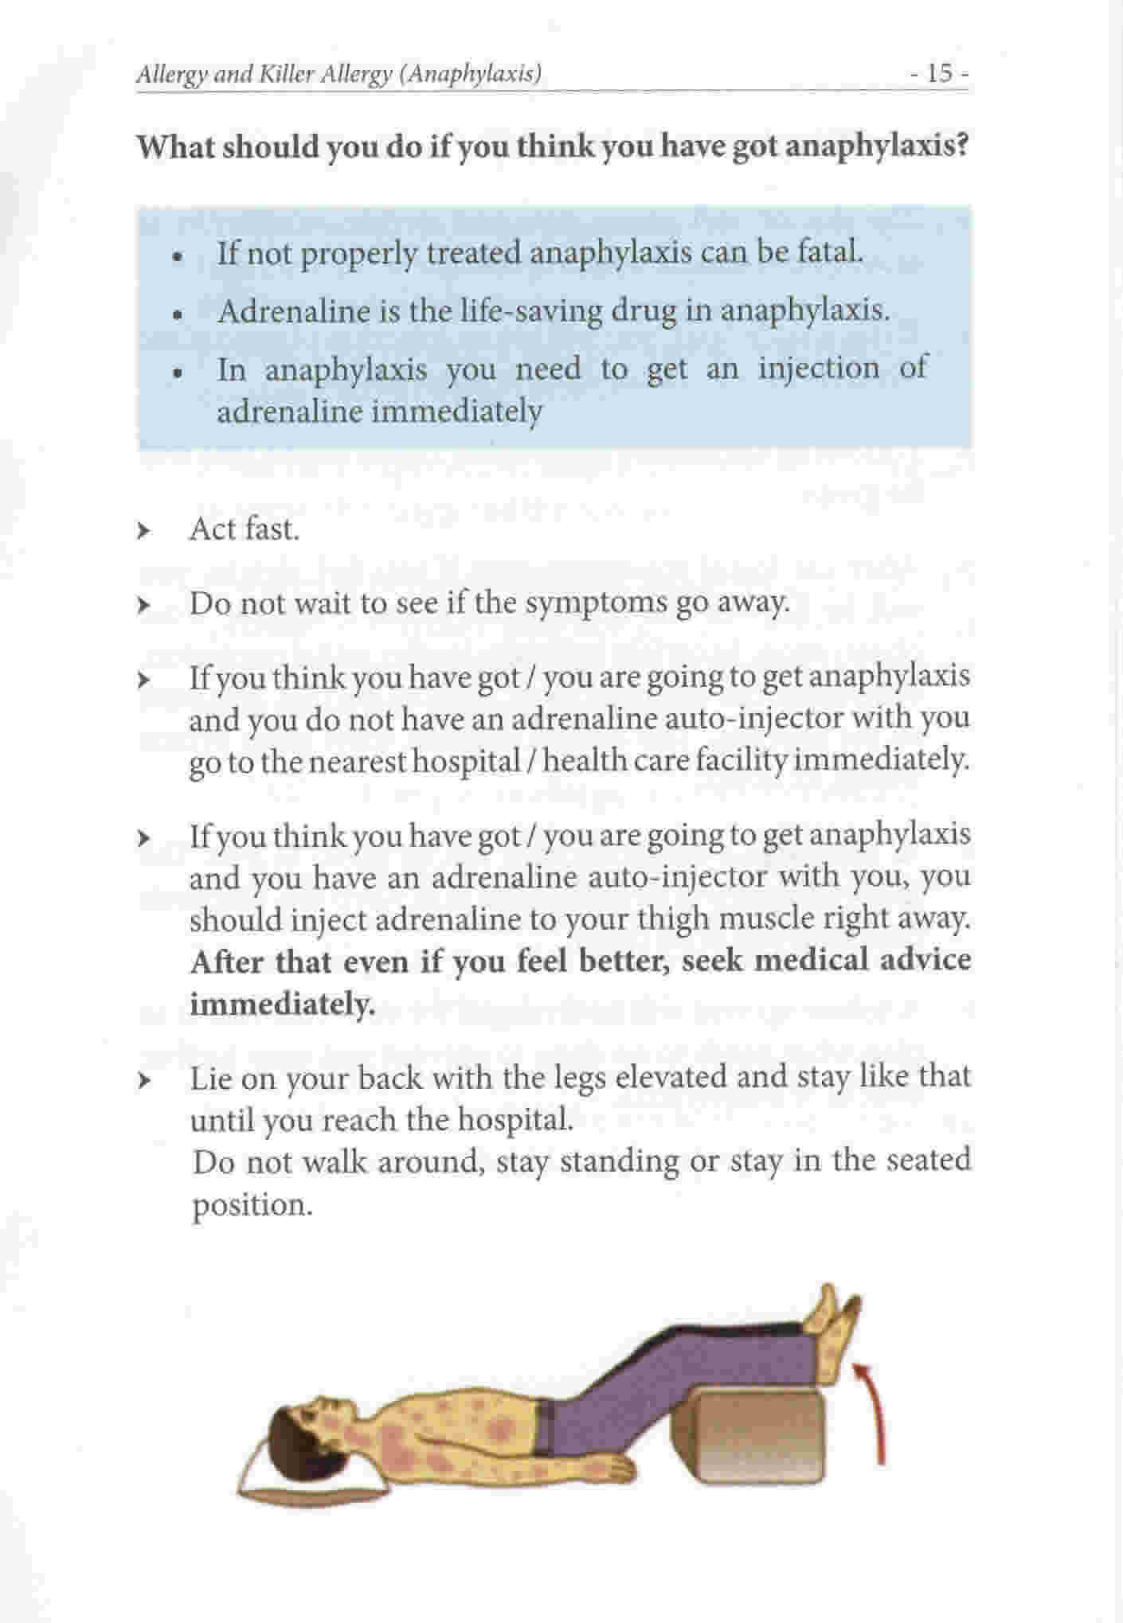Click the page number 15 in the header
click(940, 74)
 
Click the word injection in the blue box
click(819, 369)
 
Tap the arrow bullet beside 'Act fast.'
click(143, 530)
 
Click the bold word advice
click(925, 961)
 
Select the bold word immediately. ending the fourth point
click(281, 1004)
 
